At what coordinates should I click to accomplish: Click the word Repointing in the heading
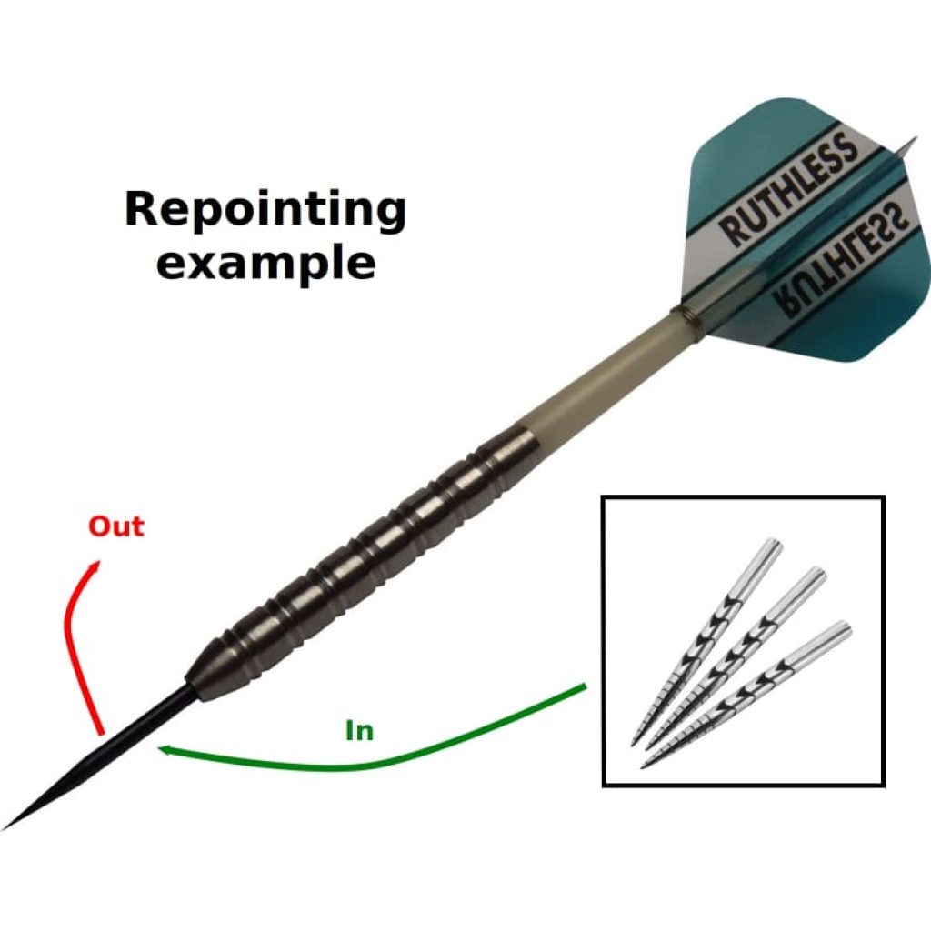(x=265, y=211)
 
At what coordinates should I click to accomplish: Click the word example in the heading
(x=265, y=263)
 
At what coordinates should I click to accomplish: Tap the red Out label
(x=115, y=526)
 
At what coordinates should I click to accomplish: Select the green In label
(x=360, y=730)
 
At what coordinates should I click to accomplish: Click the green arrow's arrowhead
(x=163, y=748)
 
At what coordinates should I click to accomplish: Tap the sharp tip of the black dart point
(x=7, y=826)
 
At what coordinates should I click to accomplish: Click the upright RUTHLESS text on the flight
(x=789, y=189)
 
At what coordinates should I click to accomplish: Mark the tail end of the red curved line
(x=99, y=731)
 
